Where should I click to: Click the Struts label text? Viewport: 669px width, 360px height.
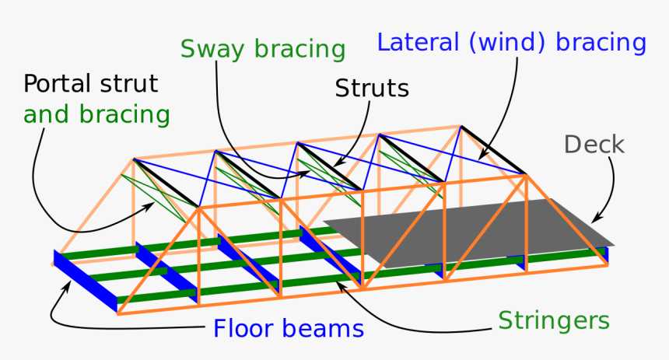click(372, 89)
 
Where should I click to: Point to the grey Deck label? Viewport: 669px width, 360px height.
click(594, 144)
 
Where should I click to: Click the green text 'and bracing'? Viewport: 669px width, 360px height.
click(96, 115)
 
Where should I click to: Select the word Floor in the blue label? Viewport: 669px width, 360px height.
click(248, 328)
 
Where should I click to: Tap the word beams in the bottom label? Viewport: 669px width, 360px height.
click(326, 328)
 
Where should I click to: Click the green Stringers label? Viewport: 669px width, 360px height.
click(554, 320)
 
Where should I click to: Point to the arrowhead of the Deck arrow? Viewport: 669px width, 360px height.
click(597, 220)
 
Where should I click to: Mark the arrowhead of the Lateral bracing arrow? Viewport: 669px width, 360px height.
click(482, 158)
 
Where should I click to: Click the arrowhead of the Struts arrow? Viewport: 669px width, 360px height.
click(334, 165)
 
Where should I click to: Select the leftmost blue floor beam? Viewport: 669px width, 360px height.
click(86, 281)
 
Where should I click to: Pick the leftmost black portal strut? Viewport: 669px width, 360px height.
click(166, 183)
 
